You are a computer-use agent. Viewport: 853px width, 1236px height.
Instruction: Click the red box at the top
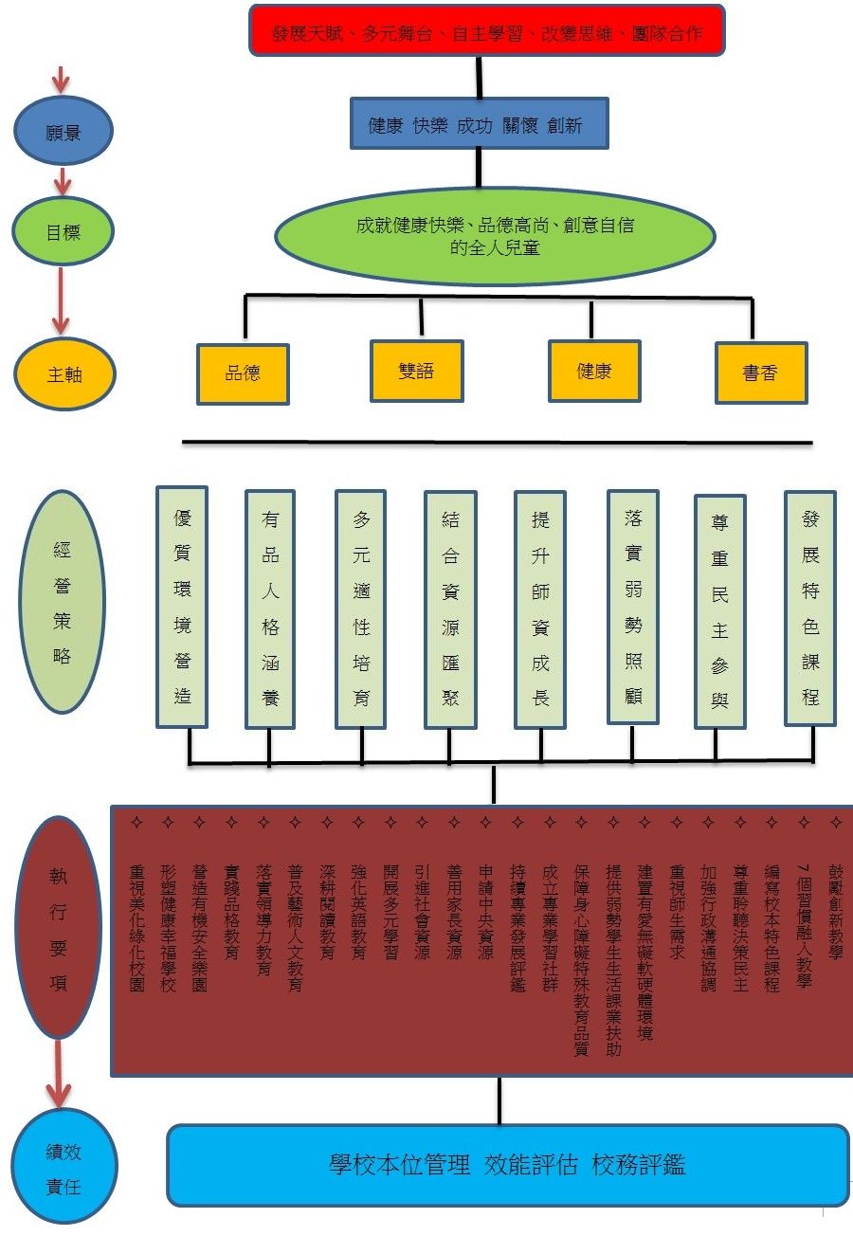[487, 30]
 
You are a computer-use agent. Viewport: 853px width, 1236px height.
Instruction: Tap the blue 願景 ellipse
[64, 132]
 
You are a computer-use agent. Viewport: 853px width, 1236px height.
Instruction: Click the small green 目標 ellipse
[64, 231]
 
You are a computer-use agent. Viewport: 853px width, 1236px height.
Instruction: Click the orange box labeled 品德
[243, 373]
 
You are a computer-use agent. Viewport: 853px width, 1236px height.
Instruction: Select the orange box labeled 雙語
[416, 371]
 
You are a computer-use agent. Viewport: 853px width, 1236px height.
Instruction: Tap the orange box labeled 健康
[594, 371]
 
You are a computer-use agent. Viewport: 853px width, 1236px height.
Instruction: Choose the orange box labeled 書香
[760, 373]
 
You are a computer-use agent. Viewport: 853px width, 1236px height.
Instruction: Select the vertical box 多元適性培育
[361, 608]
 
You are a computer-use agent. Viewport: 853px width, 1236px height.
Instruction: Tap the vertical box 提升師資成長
[540, 609]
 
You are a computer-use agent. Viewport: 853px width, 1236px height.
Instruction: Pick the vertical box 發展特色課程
[810, 608]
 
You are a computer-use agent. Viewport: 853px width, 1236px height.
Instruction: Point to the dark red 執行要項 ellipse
[60, 928]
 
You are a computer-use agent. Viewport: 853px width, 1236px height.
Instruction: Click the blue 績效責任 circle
[64, 1167]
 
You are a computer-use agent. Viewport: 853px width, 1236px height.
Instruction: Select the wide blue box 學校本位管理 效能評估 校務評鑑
[507, 1165]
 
